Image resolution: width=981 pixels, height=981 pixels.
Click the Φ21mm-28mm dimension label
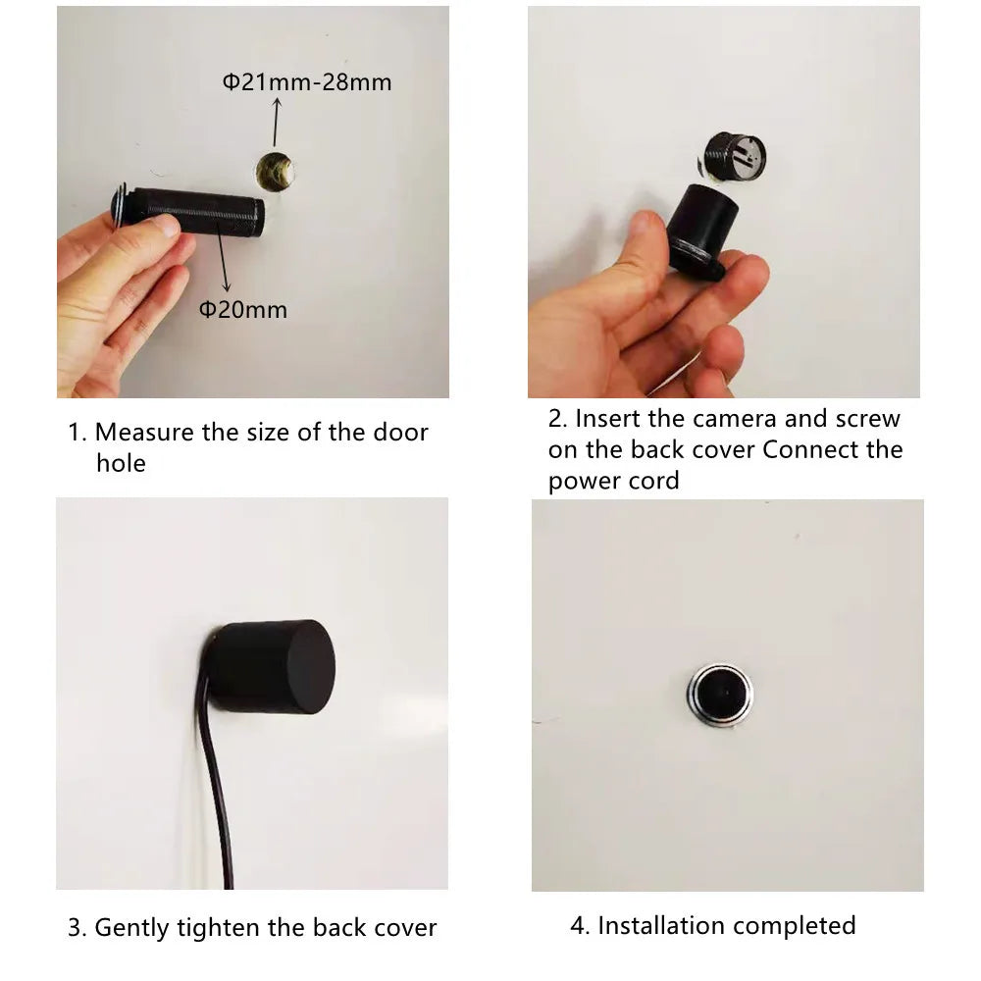click(307, 82)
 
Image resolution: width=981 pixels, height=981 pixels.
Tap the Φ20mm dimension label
click(243, 310)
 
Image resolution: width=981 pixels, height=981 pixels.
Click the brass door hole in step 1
click(275, 170)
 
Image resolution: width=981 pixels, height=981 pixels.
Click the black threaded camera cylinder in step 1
click(196, 211)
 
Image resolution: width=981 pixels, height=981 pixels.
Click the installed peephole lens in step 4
click(718, 695)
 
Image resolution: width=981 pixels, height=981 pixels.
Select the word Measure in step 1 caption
click(144, 433)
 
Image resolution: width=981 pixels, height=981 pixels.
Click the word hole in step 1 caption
click(121, 463)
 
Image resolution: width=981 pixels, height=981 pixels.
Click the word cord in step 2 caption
click(656, 481)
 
